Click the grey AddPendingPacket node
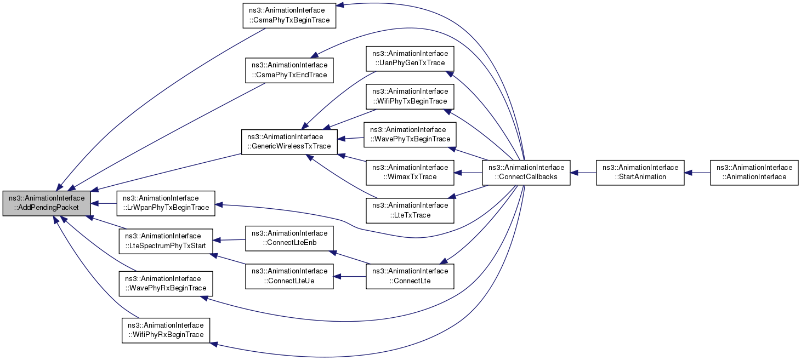(x=47, y=203)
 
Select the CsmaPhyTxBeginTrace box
(x=289, y=15)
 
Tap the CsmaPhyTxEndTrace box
(x=289, y=71)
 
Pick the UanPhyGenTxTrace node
(x=410, y=58)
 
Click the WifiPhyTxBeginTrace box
(x=410, y=96)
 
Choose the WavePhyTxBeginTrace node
(x=410, y=134)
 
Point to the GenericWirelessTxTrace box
(x=289, y=142)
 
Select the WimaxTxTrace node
(x=410, y=173)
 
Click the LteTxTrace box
(x=410, y=210)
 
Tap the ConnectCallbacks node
(x=526, y=173)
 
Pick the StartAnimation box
(x=640, y=173)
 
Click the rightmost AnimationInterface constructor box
(x=754, y=173)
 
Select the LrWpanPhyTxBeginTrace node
(x=166, y=203)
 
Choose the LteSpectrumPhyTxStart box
(x=166, y=241)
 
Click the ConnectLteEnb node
(x=289, y=238)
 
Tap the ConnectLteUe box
(x=289, y=276)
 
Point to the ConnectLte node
(x=410, y=276)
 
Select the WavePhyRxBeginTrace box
(x=166, y=283)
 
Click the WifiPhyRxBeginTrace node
(x=166, y=330)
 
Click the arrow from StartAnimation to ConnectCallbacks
(x=583, y=173)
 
